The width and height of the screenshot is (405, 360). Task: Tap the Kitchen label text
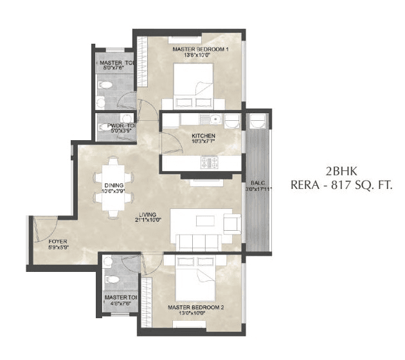203,136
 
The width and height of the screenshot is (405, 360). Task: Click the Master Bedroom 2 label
195,307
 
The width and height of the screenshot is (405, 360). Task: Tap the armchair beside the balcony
231,222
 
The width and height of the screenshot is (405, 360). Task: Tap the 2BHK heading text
340,172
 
